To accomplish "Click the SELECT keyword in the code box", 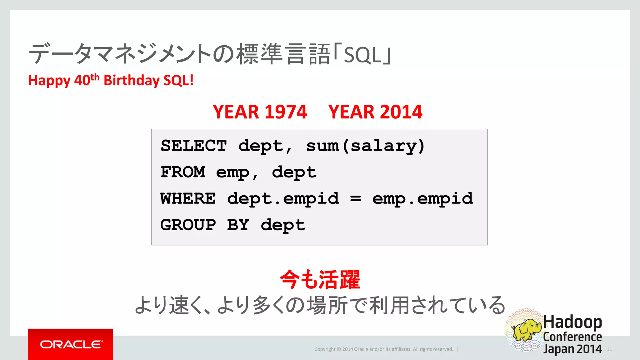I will click(193, 146).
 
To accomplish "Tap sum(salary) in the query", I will click(365, 146).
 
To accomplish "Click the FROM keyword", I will click(183, 172).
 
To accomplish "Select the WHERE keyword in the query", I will click(188, 199).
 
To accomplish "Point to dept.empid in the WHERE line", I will click(283, 199).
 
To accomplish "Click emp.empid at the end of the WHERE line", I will click(422, 199).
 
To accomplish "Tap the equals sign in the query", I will click(356, 199).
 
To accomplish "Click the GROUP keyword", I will click(188, 225).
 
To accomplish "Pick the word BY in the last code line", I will click(238, 225).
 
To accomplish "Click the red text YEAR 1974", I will click(260, 112).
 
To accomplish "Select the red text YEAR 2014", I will click(375, 112).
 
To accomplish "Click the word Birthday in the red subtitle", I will click(132, 80).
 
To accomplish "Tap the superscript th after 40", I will click(95, 77).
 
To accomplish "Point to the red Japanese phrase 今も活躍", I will click(320, 280).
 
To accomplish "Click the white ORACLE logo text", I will click(71, 344).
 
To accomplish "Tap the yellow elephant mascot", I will click(527, 329).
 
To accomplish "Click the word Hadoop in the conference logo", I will click(572, 322).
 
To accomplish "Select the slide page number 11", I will click(609, 349).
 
